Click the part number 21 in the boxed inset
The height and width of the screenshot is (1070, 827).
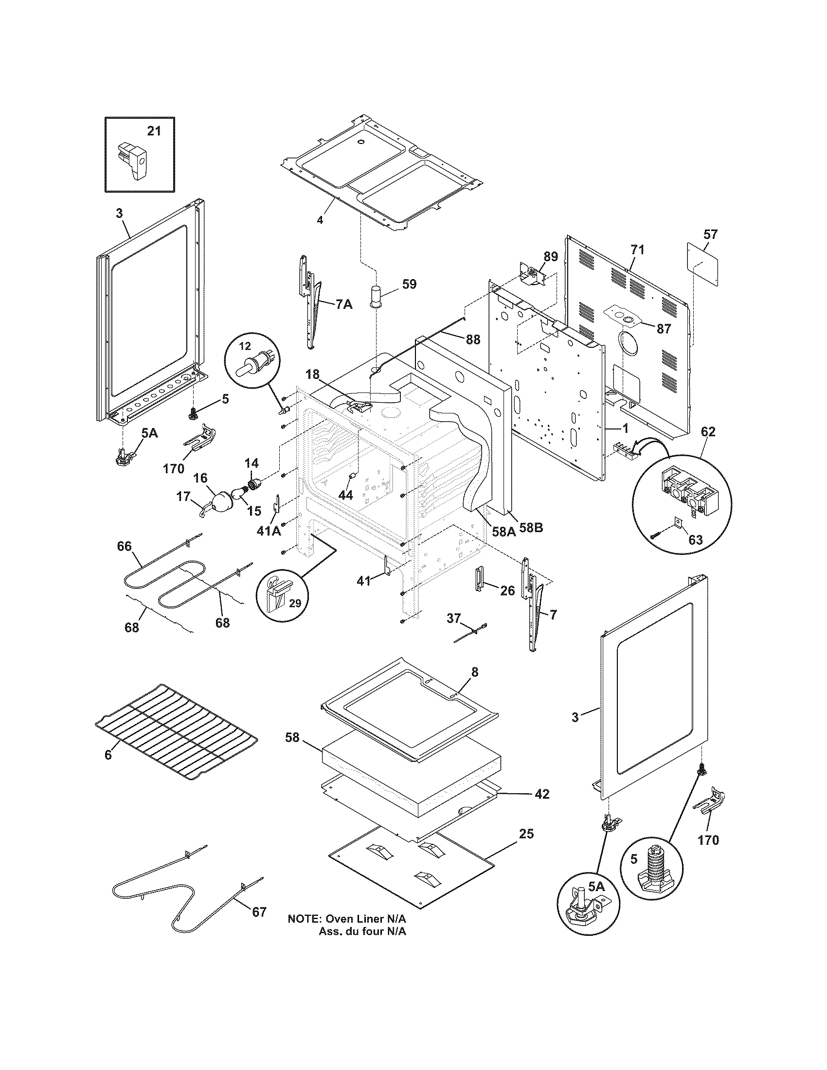click(x=154, y=131)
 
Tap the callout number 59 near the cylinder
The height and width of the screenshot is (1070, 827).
click(x=409, y=284)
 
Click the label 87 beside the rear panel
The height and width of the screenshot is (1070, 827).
click(x=664, y=329)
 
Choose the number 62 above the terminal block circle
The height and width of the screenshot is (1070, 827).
click(x=708, y=431)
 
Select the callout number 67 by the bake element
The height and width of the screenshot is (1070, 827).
click(x=259, y=912)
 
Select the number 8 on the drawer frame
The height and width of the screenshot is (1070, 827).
click(x=474, y=672)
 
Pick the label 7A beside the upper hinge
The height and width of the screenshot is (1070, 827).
click(x=344, y=305)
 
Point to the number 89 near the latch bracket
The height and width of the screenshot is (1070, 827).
click(x=550, y=256)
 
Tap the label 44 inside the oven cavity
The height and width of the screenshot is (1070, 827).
click(x=345, y=495)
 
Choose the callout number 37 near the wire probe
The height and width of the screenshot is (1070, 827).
click(x=454, y=619)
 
